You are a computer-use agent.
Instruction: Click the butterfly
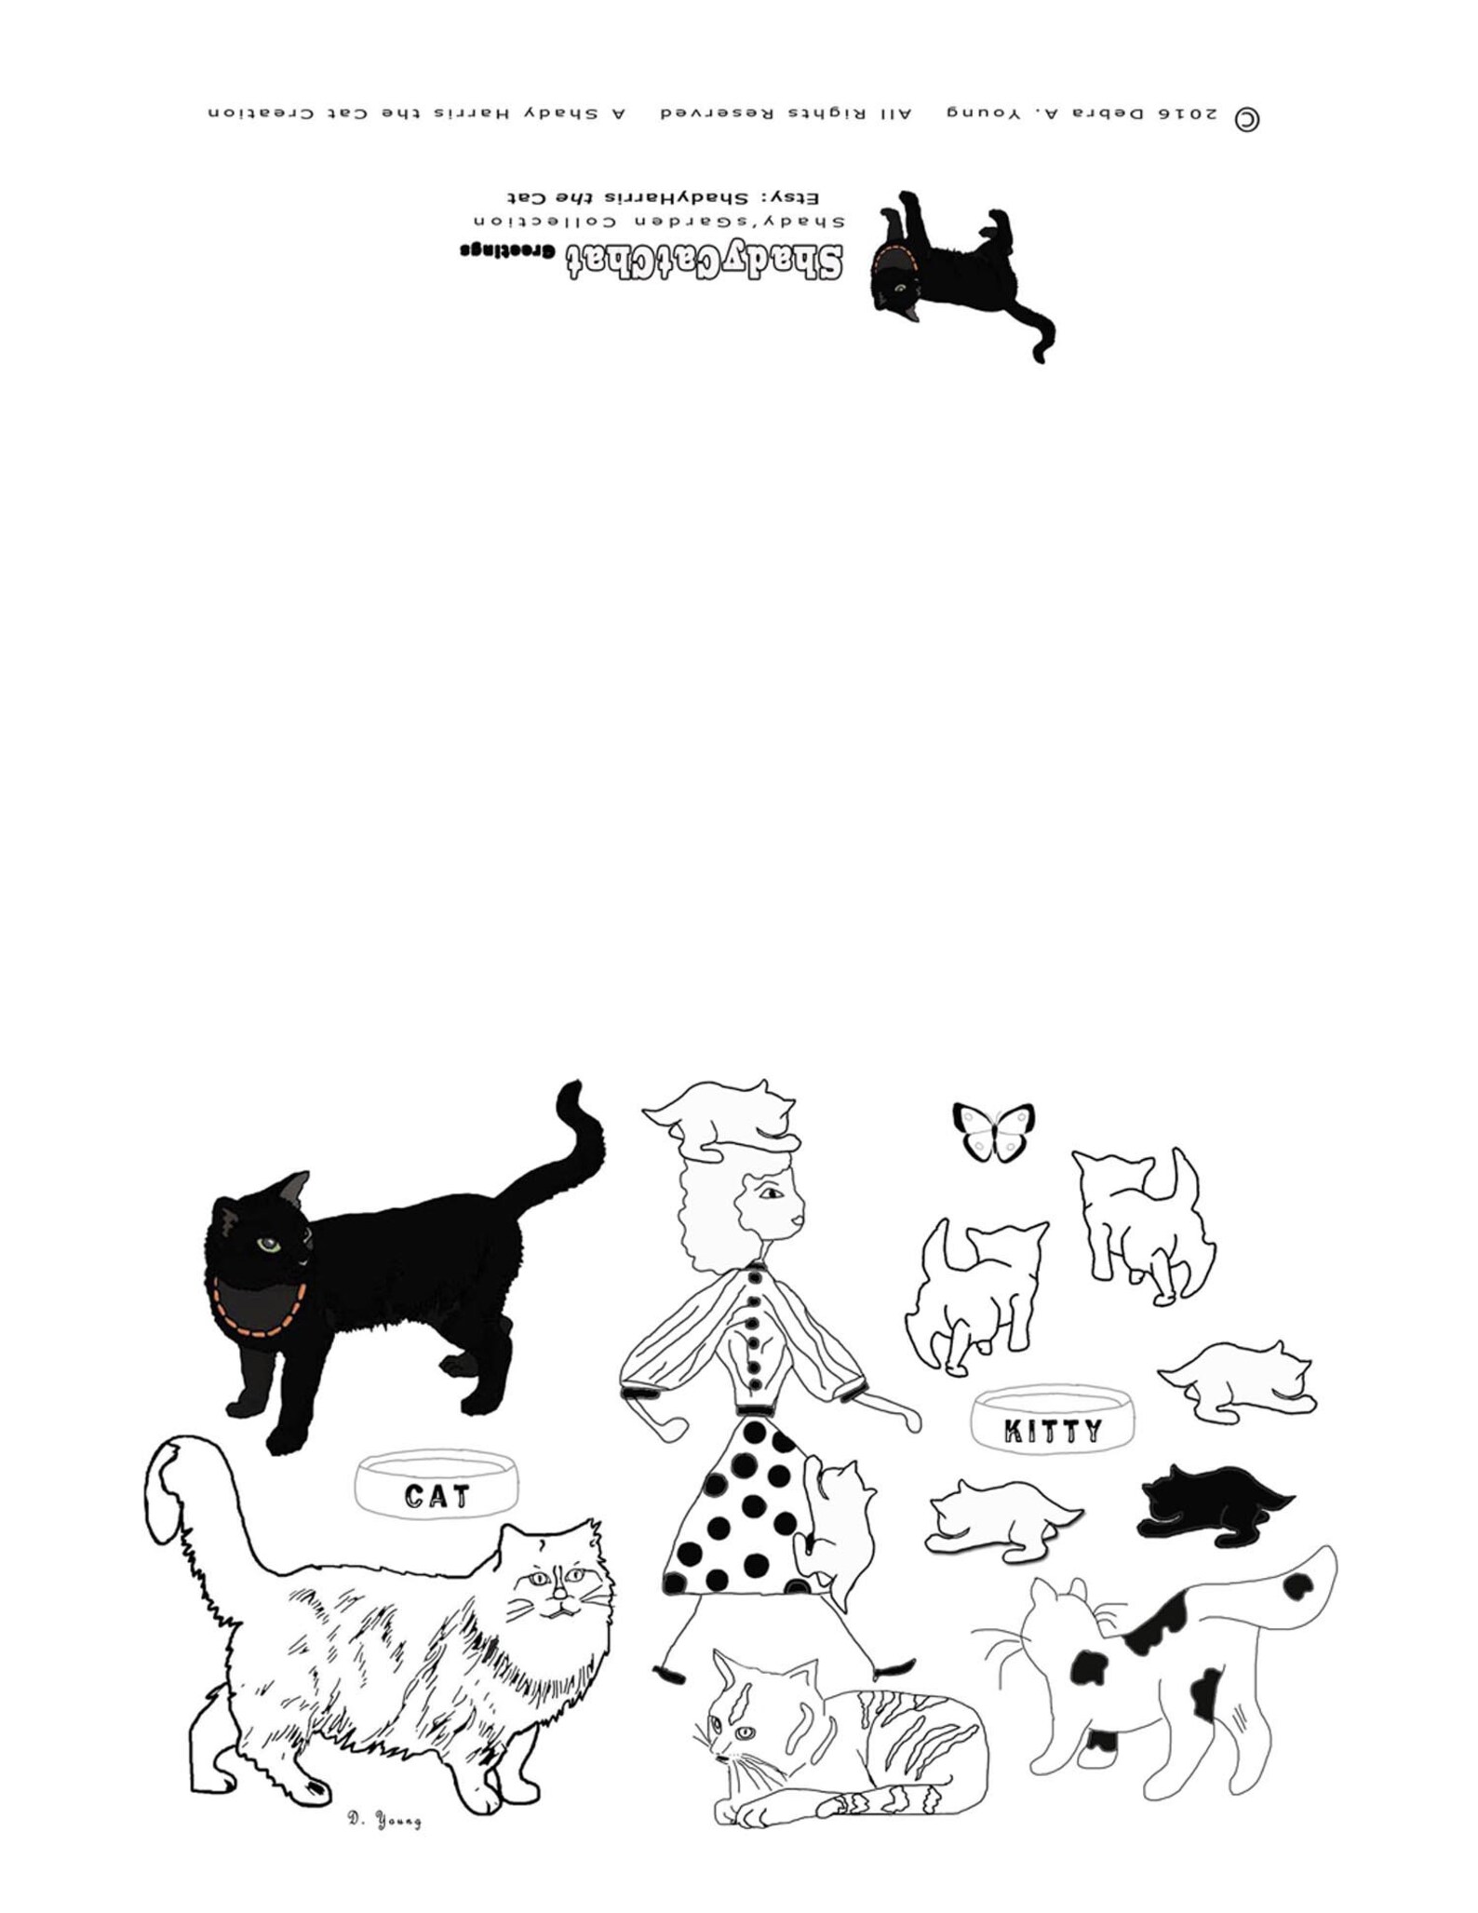pyautogui.click(x=993, y=1132)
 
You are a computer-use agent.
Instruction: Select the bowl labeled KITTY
pyautogui.click(x=1053, y=1420)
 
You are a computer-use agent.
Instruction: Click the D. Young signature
pyautogui.click(x=383, y=1820)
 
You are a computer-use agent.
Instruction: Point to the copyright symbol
pyautogui.click(x=1246, y=119)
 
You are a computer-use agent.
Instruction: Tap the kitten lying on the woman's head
pyautogui.click(x=723, y=1117)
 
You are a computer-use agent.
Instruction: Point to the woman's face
pyautogui.click(x=773, y=1203)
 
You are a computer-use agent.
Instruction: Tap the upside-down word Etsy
pyautogui.click(x=800, y=198)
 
